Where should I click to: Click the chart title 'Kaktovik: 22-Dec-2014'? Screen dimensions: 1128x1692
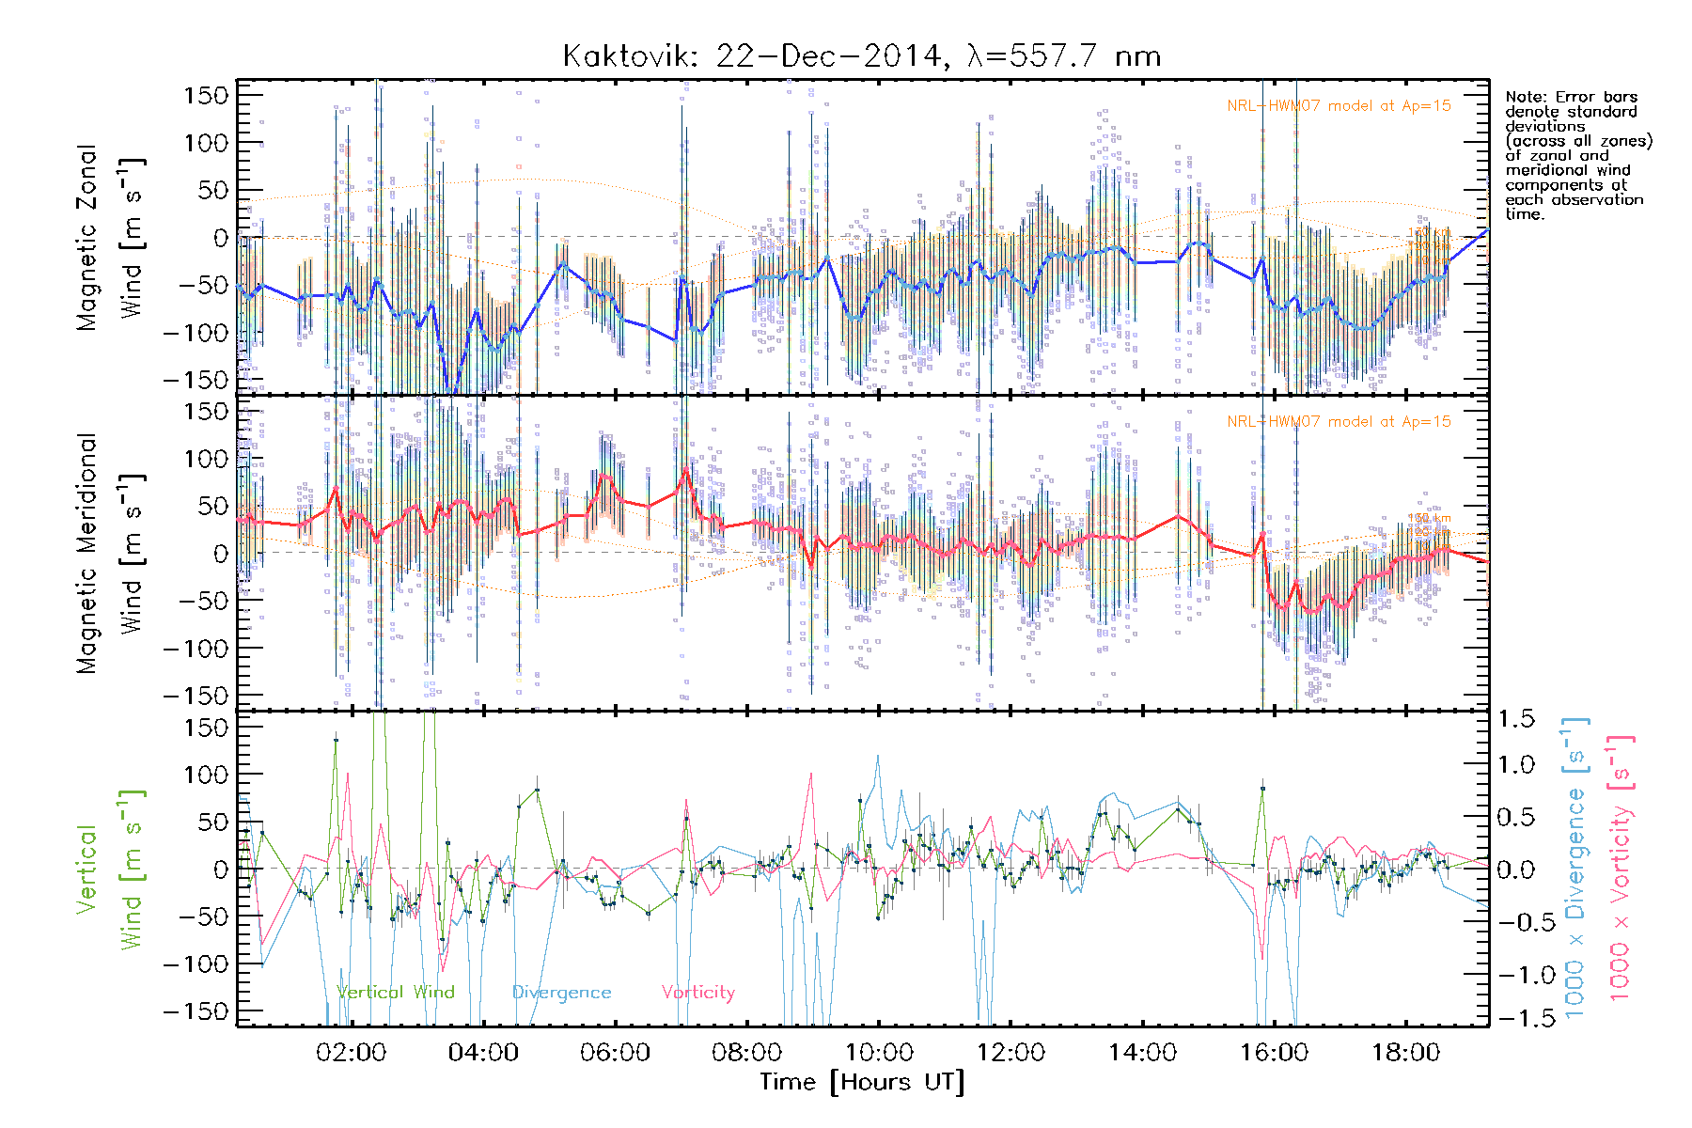click(752, 56)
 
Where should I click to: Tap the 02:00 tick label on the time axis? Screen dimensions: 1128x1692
click(351, 1053)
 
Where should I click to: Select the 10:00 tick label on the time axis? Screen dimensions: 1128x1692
click(879, 1053)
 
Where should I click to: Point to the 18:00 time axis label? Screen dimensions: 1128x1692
click(1405, 1053)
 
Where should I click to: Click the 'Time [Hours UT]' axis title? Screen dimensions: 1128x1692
click(862, 1082)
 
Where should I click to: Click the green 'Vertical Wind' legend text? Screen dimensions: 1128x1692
click(396, 993)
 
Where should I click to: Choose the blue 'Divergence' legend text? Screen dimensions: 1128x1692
click(561, 993)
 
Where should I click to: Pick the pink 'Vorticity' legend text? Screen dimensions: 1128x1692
click(697, 993)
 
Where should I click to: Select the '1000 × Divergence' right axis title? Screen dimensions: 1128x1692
click(1575, 869)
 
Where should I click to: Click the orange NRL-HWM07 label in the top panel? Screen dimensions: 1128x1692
click(1339, 106)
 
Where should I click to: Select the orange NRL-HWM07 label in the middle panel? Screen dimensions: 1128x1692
click(1339, 422)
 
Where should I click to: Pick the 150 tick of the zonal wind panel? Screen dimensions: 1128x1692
click(207, 95)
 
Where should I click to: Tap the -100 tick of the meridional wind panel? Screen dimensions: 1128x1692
click(196, 649)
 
